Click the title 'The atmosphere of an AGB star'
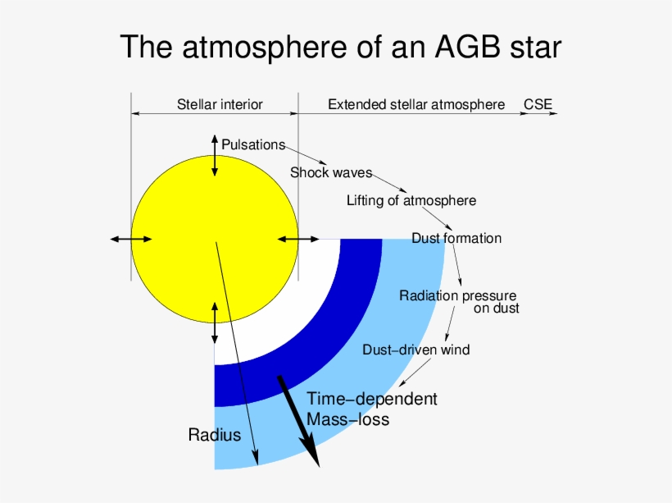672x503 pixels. click(x=340, y=47)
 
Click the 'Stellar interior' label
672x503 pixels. click(x=220, y=105)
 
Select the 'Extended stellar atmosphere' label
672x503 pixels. click(x=416, y=105)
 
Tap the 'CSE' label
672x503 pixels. click(x=538, y=105)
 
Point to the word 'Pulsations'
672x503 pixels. click(x=253, y=145)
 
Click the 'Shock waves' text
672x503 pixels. click(x=330, y=173)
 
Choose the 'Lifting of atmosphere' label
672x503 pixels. click(x=411, y=200)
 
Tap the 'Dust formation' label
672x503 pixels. click(x=456, y=239)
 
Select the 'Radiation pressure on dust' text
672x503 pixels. click(x=458, y=301)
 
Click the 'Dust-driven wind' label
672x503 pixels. click(x=415, y=350)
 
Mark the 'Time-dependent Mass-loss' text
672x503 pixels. click(x=371, y=409)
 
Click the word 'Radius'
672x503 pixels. click(x=215, y=435)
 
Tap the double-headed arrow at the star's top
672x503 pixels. click(x=215, y=154)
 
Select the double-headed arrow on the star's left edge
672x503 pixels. click(x=131, y=239)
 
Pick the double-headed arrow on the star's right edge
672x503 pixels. click(x=298, y=239)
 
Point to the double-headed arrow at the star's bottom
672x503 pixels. click(x=215, y=322)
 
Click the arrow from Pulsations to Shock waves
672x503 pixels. click(x=307, y=156)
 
